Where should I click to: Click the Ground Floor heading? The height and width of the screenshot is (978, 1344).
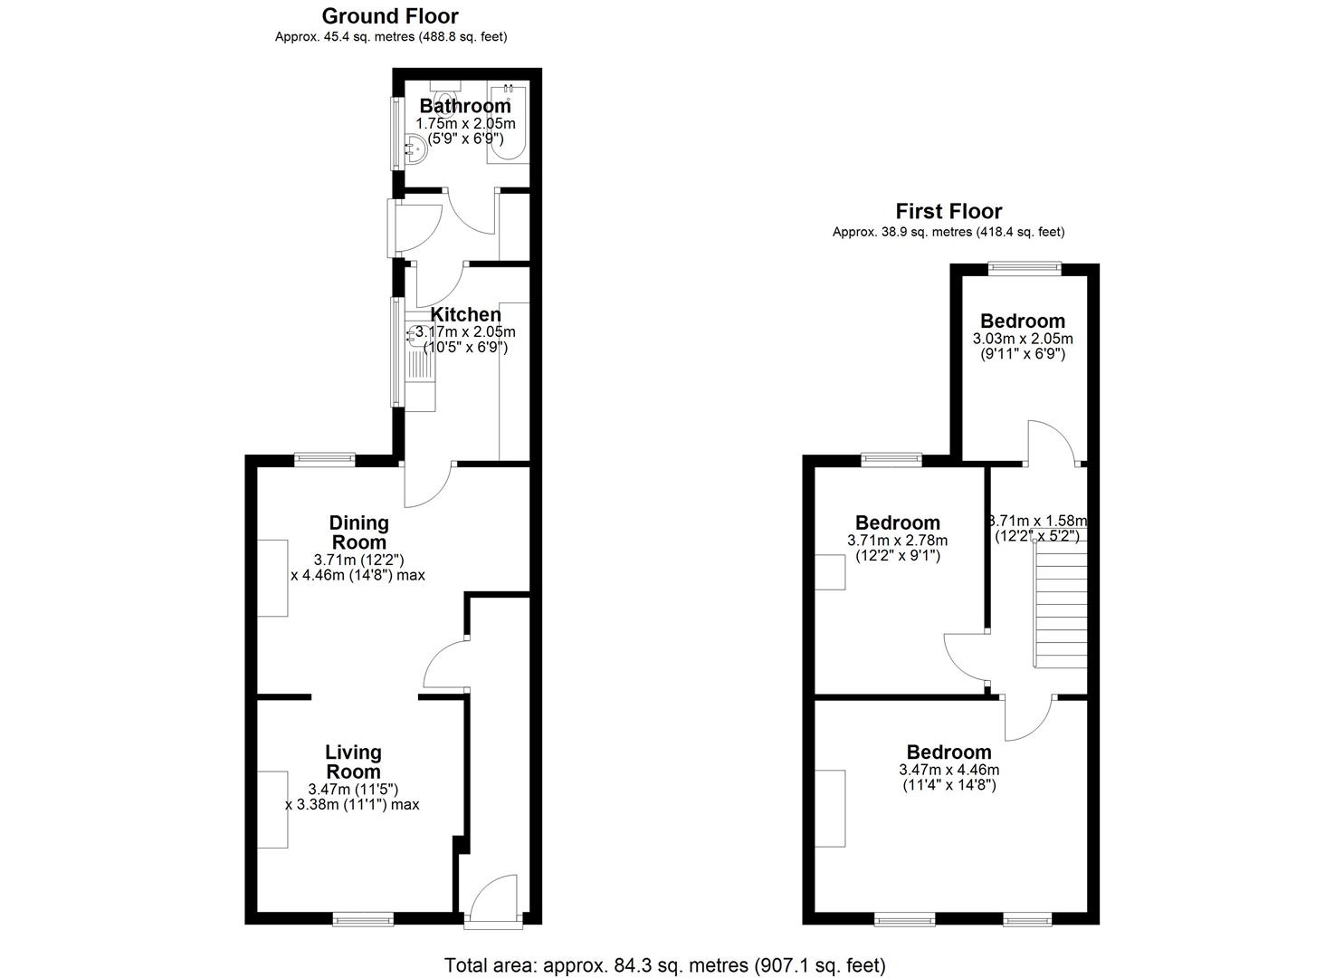tap(390, 16)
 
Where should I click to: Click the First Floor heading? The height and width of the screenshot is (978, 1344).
tap(948, 211)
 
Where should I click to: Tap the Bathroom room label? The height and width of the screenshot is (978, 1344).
tap(465, 106)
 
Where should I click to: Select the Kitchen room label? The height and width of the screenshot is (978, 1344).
tap(465, 314)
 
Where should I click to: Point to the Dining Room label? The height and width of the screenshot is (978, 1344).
tap(358, 532)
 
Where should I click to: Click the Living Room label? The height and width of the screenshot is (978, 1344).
tap(353, 762)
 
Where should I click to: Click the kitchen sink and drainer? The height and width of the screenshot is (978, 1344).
tap(420, 362)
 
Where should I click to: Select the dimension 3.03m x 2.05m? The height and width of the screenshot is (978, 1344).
tap(1023, 339)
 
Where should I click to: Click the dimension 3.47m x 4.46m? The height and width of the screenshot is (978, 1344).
tap(949, 770)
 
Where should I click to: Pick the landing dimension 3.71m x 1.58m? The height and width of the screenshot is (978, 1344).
tap(1038, 521)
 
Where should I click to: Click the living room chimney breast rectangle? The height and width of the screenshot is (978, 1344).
tap(272, 810)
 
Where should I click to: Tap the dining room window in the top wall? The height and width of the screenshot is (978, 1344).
tap(325, 461)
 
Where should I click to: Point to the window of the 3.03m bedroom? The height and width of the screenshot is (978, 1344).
tap(1025, 268)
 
